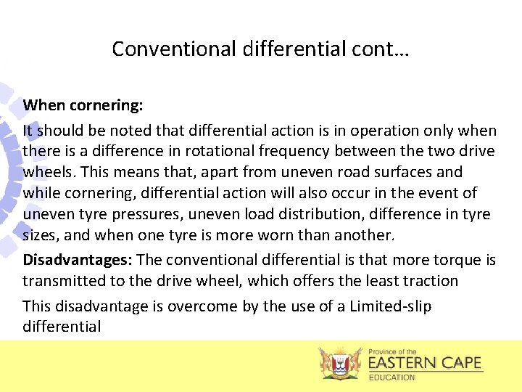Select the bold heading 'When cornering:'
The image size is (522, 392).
pyautogui.click(x=83, y=105)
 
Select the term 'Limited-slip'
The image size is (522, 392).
pyautogui.click(x=390, y=306)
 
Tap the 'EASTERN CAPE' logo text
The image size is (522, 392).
pyautogui.click(x=424, y=363)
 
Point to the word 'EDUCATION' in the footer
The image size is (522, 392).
pyautogui.click(x=392, y=377)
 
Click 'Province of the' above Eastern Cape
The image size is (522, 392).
pyautogui.click(x=392, y=351)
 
